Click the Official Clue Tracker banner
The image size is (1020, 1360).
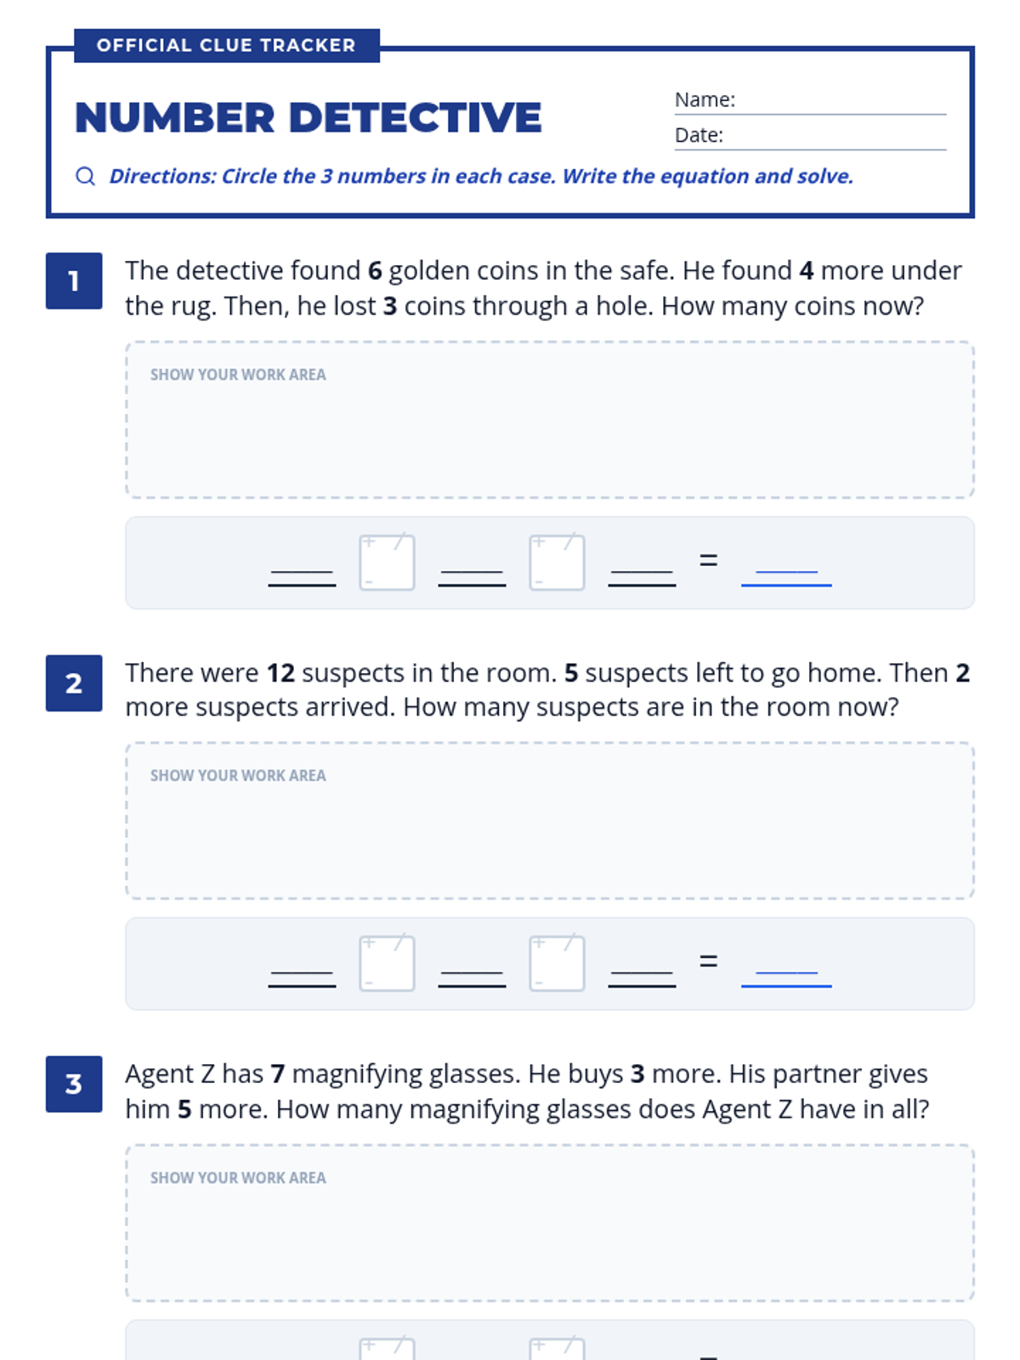click(x=227, y=45)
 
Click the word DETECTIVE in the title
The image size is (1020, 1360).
click(x=415, y=117)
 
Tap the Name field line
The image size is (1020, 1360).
click(x=810, y=114)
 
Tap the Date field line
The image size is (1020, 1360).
click(x=810, y=150)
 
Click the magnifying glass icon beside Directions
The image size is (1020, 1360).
click(x=86, y=177)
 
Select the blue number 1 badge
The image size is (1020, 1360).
click(x=74, y=280)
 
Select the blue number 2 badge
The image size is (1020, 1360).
click(x=74, y=683)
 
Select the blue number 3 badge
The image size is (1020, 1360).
click(x=74, y=1084)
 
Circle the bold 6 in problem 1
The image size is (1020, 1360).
click(x=375, y=271)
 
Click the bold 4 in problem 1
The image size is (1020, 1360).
click(x=807, y=271)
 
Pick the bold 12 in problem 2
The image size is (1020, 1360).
click(x=280, y=673)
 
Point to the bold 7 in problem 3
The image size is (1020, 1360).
click(x=278, y=1074)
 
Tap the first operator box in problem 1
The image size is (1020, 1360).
click(x=387, y=563)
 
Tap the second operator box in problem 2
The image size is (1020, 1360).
click(x=557, y=963)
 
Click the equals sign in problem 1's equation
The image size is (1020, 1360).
click(x=709, y=560)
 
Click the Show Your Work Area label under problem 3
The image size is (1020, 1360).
click(x=238, y=1177)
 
